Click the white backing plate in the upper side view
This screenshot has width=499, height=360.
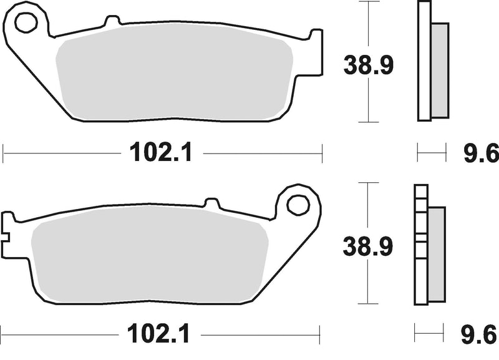tap(424, 62)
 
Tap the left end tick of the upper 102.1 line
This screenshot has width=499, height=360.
tap(4, 152)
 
